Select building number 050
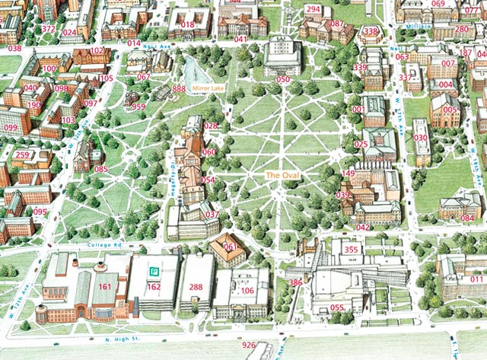(x=283, y=79)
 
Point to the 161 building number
(x=105, y=286)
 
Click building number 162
(x=154, y=286)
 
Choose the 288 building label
(x=196, y=286)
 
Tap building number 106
(x=247, y=291)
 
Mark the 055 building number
(x=337, y=307)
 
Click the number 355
(x=351, y=250)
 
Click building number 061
(x=229, y=247)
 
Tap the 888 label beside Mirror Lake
(x=179, y=89)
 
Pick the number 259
(x=23, y=155)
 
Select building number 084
(x=467, y=218)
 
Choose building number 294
(x=313, y=9)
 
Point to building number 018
(x=188, y=25)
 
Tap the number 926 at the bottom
(x=249, y=346)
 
